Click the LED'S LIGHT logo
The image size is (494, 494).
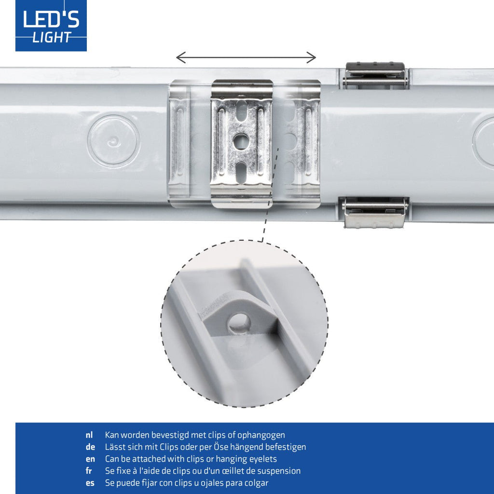51,26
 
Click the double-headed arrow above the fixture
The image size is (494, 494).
246,58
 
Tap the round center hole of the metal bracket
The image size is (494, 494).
241,141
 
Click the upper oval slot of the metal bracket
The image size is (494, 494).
242,110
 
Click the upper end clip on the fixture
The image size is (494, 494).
375,76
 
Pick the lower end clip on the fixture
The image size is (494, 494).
375,212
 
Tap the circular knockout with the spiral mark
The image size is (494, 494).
113,141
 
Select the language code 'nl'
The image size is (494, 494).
89,435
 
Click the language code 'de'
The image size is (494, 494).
90,447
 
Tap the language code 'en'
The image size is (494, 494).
90,459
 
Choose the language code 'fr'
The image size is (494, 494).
89,471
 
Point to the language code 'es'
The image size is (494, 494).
90,483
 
